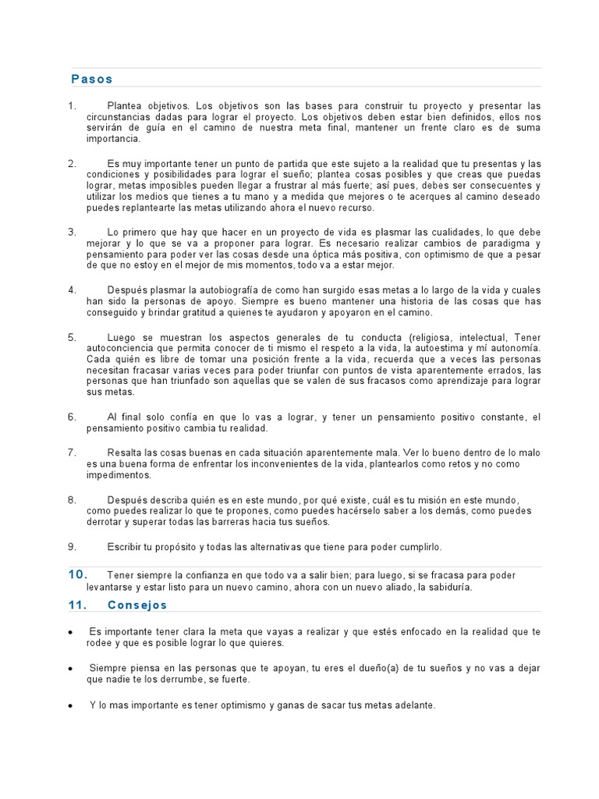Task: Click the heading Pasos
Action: pyautogui.click(x=92, y=79)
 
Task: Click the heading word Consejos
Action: pyautogui.click(x=137, y=605)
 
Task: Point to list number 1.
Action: pyautogui.click(x=72, y=105)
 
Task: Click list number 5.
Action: pyautogui.click(x=72, y=337)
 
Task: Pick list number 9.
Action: pyautogui.click(x=72, y=546)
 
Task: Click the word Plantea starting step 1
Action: pyautogui.click(x=126, y=105)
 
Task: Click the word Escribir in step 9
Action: pyautogui.click(x=126, y=546)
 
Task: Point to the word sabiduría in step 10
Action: pyautogui.click(x=445, y=587)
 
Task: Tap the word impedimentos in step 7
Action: pyautogui.click(x=119, y=474)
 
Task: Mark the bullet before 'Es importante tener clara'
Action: pyautogui.click(x=71, y=633)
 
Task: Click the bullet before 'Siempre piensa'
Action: pyautogui.click(x=71, y=669)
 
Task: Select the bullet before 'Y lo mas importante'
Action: pyautogui.click(x=71, y=706)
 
